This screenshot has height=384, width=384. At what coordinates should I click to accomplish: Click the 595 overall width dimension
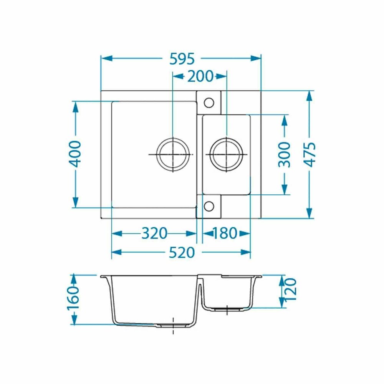(x=182, y=59)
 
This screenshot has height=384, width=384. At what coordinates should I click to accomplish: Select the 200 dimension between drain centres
(x=200, y=76)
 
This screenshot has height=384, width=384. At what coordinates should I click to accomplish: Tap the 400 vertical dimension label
(x=74, y=154)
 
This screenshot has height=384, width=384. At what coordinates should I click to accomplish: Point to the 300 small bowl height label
(x=284, y=155)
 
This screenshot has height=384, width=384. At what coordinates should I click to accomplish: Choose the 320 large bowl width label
(x=154, y=233)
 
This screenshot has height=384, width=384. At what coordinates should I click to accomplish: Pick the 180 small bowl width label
(x=225, y=233)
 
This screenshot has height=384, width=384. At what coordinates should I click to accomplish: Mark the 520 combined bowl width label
(x=182, y=253)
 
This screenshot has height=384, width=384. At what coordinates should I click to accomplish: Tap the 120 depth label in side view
(x=291, y=289)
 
